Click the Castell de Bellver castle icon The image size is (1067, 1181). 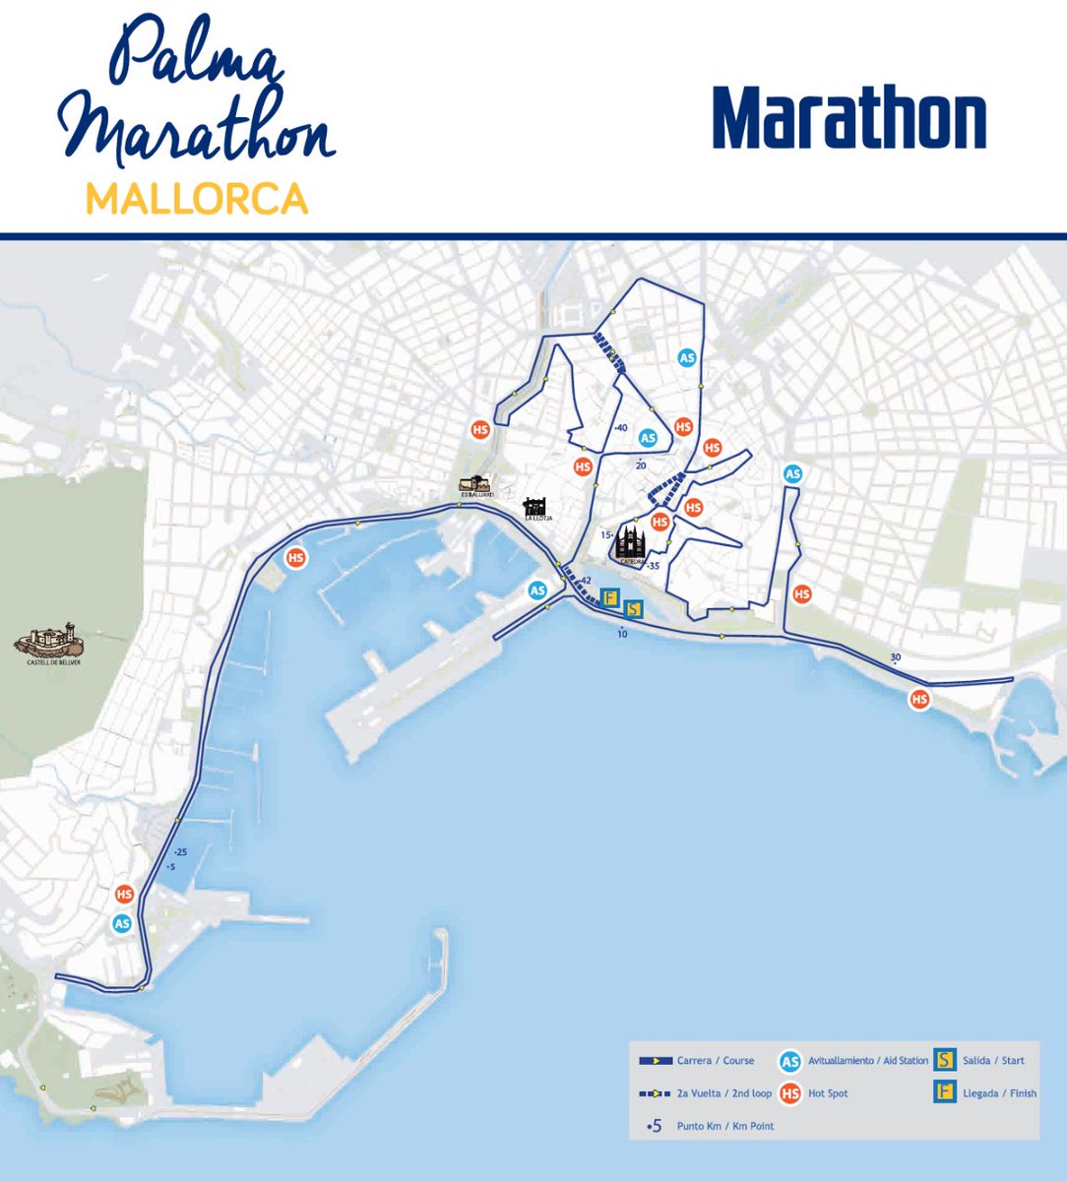tap(48, 641)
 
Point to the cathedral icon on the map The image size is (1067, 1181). tap(630, 544)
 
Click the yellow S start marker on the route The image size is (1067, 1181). tap(634, 610)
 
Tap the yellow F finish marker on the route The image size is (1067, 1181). tap(609, 597)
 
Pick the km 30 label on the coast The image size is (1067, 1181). tap(895, 657)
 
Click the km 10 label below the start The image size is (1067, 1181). tap(622, 634)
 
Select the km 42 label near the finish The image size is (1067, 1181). tap(586, 581)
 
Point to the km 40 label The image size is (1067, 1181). tap(620, 428)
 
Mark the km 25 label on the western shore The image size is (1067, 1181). tap(179, 852)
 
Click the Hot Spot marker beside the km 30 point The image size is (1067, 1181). tap(919, 699)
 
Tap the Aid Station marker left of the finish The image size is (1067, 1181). tap(537, 590)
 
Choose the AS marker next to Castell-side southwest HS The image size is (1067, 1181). tap(122, 923)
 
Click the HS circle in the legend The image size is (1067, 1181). tap(788, 1092)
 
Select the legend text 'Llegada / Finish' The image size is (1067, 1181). tap(999, 1092)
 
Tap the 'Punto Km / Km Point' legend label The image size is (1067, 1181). tap(725, 1126)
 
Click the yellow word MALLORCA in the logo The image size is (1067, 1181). tap(197, 199)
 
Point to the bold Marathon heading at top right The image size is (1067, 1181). tap(849, 118)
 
